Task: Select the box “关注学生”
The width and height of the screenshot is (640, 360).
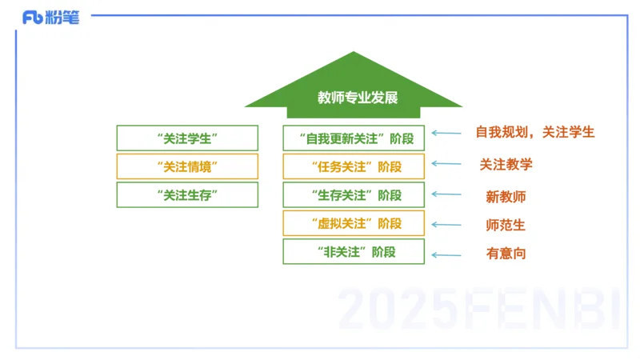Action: (x=187, y=138)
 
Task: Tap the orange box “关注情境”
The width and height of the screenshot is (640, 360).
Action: (x=187, y=166)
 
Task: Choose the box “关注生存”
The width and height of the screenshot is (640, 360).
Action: (x=187, y=195)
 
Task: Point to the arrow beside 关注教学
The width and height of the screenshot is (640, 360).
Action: (x=446, y=165)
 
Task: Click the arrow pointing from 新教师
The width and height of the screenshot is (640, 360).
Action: (x=446, y=194)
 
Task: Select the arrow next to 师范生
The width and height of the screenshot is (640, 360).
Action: (x=446, y=225)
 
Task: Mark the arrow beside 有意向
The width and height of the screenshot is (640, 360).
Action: (x=446, y=255)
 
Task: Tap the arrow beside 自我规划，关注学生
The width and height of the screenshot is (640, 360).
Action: (x=446, y=134)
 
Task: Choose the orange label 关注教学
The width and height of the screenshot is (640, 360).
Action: (x=506, y=165)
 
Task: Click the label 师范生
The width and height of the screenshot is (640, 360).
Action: (x=506, y=225)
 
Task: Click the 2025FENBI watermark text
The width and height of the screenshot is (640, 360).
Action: (x=478, y=309)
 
